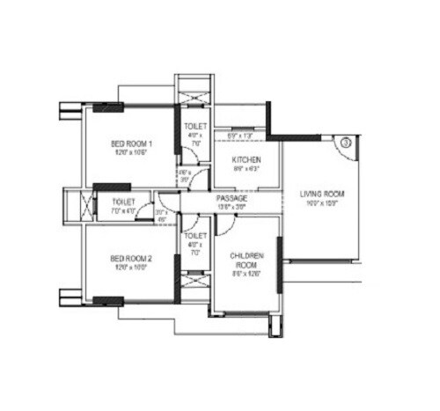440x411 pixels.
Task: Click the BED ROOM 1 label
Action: coord(131,143)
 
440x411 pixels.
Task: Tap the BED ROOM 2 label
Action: coord(131,258)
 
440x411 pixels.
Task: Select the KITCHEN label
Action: coord(246,160)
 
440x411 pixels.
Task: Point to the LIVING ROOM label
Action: coord(321,194)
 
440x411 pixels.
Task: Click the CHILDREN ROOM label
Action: coord(244,258)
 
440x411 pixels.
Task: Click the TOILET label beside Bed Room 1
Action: coord(194,127)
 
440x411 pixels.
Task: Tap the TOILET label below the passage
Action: coord(194,236)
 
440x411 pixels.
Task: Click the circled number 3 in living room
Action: coord(347,141)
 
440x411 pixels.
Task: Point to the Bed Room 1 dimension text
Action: coord(132,153)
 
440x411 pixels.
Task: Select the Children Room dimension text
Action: coord(244,274)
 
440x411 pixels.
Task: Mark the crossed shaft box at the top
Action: coord(194,92)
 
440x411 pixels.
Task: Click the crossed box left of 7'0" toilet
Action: coord(86,205)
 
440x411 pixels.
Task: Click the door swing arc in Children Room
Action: coord(223,227)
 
